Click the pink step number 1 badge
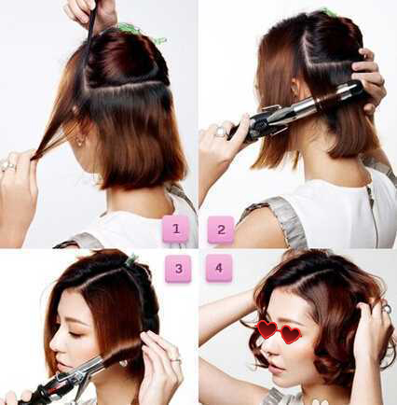coord(176,229)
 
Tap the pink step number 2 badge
coord(221,230)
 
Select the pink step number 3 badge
coord(178,269)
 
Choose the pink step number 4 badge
coord(219,268)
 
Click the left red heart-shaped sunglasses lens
coord(267,329)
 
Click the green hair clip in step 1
coord(142,33)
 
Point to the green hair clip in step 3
coord(131,259)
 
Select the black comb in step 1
coord(89,37)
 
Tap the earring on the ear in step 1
coord(79,142)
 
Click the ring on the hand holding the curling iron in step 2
coord(220,131)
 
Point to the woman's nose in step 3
coord(54,343)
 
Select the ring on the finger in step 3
coord(175,360)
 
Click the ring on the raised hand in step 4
coord(386,308)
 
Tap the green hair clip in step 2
coord(329,12)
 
